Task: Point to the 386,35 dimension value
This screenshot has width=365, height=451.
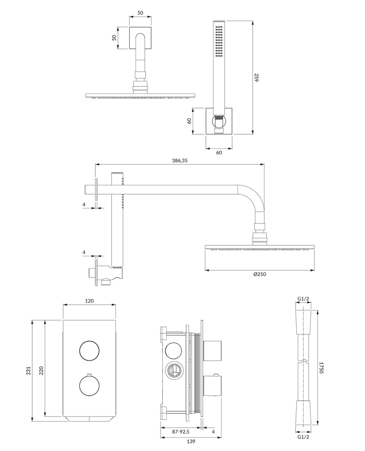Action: (180, 161)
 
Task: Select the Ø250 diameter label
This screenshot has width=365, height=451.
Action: (259, 274)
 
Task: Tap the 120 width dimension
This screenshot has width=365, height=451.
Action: (90, 301)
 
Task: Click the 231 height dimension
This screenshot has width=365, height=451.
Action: (29, 371)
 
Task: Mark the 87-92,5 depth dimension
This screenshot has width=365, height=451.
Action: (181, 432)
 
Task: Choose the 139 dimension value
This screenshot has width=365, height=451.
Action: (191, 441)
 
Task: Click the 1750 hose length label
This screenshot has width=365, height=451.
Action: (321, 368)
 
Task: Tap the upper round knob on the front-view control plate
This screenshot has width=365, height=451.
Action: (90, 351)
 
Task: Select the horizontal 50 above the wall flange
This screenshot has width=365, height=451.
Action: (140, 13)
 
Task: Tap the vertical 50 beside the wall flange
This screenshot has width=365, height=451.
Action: (115, 38)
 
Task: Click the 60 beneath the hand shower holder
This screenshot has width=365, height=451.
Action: (219, 152)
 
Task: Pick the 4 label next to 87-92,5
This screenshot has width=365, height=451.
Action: (213, 432)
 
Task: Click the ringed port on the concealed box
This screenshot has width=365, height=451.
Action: (173, 370)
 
